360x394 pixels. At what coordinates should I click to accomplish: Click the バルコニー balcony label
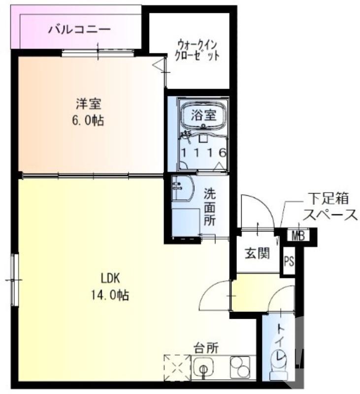pyautogui.click(x=79, y=30)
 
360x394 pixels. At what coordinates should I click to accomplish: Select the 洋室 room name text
pyautogui.click(x=89, y=104)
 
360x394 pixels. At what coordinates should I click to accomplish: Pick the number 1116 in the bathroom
pyautogui.click(x=204, y=153)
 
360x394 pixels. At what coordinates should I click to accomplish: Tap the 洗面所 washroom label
pyautogui.click(x=211, y=207)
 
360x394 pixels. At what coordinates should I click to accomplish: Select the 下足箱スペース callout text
pyautogui.click(x=329, y=206)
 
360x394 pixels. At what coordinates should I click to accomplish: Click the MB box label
pyautogui.click(x=298, y=236)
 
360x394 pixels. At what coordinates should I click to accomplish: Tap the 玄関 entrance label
pyautogui.click(x=257, y=254)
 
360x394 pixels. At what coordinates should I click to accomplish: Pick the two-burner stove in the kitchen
pyautogui.click(x=240, y=367)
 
